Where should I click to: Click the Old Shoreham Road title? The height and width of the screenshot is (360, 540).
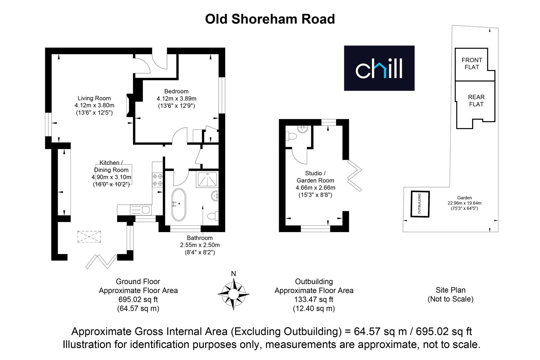pyautogui.click(x=270, y=19)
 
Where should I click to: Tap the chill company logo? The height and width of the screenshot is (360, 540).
pyautogui.click(x=379, y=68)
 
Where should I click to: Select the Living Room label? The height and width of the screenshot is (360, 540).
pyautogui.click(x=94, y=98)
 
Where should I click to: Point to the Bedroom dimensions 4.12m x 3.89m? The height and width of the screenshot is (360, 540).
pyautogui.click(x=177, y=99)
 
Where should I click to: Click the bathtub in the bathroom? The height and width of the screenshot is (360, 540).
pyautogui.click(x=179, y=205)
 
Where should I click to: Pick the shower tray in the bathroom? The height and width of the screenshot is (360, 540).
pyautogui.click(x=207, y=179)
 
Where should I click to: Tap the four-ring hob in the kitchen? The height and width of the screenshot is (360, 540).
pyautogui.click(x=157, y=180)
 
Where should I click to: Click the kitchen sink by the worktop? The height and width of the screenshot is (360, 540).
pyautogui.click(x=141, y=210)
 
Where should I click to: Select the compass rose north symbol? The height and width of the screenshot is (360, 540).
pyautogui.click(x=233, y=294)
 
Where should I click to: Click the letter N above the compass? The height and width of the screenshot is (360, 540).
pyautogui.click(x=233, y=274)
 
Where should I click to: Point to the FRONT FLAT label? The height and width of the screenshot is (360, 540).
pyautogui.click(x=472, y=63)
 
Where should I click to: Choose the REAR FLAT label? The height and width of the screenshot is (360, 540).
pyautogui.click(x=476, y=101)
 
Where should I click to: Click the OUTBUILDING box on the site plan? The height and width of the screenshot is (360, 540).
pyautogui.click(x=420, y=204)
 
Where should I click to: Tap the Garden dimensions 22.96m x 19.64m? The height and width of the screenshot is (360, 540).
pyautogui.click(x=464, y=203)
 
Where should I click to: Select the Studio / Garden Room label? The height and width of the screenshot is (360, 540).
pyautogui.click(x=315, y=177)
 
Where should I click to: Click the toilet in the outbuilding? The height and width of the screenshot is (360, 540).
pyautogui.click(x=291, y=136)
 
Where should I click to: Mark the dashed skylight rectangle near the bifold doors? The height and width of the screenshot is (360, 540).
pyautogui.click(x=89, y=237)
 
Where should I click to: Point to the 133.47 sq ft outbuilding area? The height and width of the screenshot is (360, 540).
pyautogui.click(x=314, y=300)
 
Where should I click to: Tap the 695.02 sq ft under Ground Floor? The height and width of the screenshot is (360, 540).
pyautogui.click(x=138, y=300)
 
